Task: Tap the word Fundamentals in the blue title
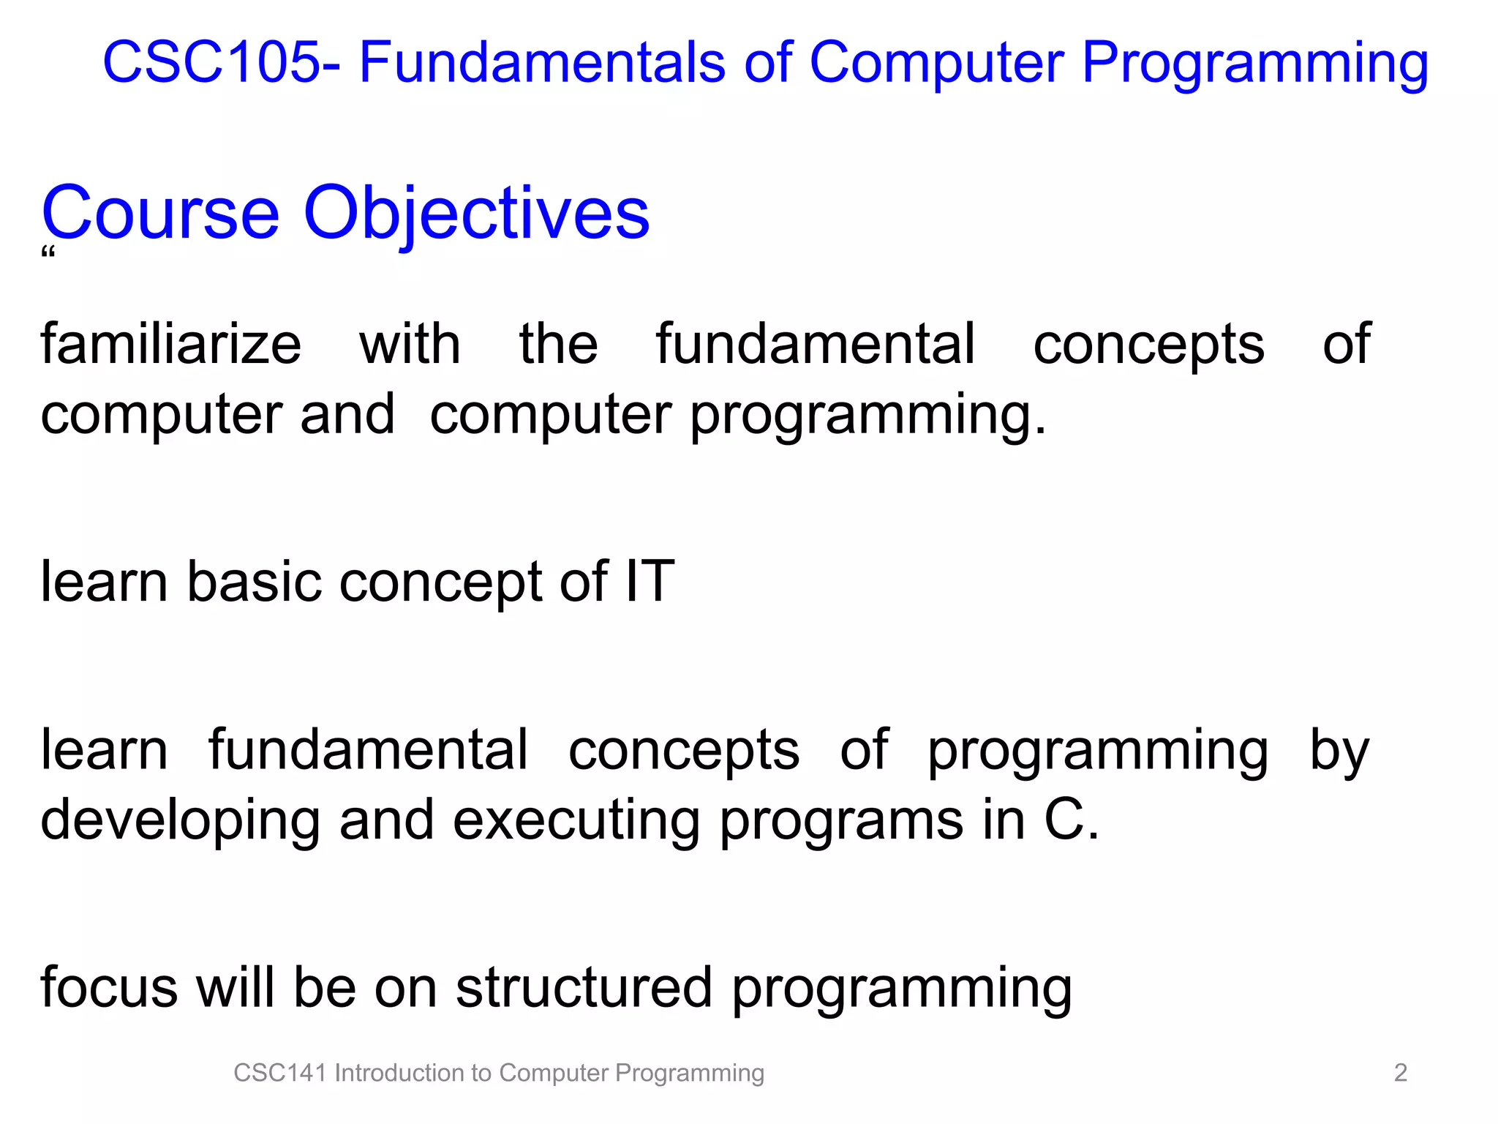(x=542, y=62)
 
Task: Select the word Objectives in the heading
(x=476, y=214)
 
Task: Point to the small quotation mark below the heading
(x=48, y=254)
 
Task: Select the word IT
(x=650, y=582)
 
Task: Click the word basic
(x=254, y=582)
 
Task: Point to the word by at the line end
(x=1339, y=752)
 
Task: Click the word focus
(x=109, y=988)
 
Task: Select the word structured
(x=583, y=988)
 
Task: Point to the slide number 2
(x=1400, y=1073)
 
